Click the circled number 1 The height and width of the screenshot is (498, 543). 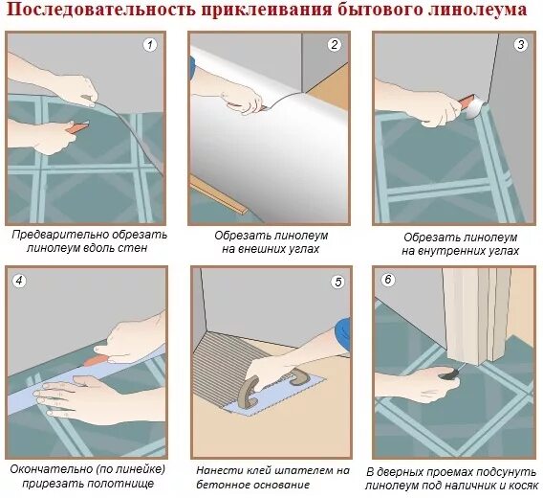(150, 45)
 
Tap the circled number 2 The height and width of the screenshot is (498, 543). (335, 45)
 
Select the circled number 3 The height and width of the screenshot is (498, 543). (521, 45)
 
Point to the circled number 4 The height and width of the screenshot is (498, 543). (19, 281)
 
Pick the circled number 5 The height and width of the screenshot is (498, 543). (338, 283)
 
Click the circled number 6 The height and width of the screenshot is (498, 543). (388, 280)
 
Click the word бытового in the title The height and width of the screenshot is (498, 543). (377, 10)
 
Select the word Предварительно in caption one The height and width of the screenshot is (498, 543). (56, 235)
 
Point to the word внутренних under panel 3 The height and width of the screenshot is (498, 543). (453, 251)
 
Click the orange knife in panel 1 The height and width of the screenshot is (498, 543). (76, 126)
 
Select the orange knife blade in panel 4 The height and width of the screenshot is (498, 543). (97, 360)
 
